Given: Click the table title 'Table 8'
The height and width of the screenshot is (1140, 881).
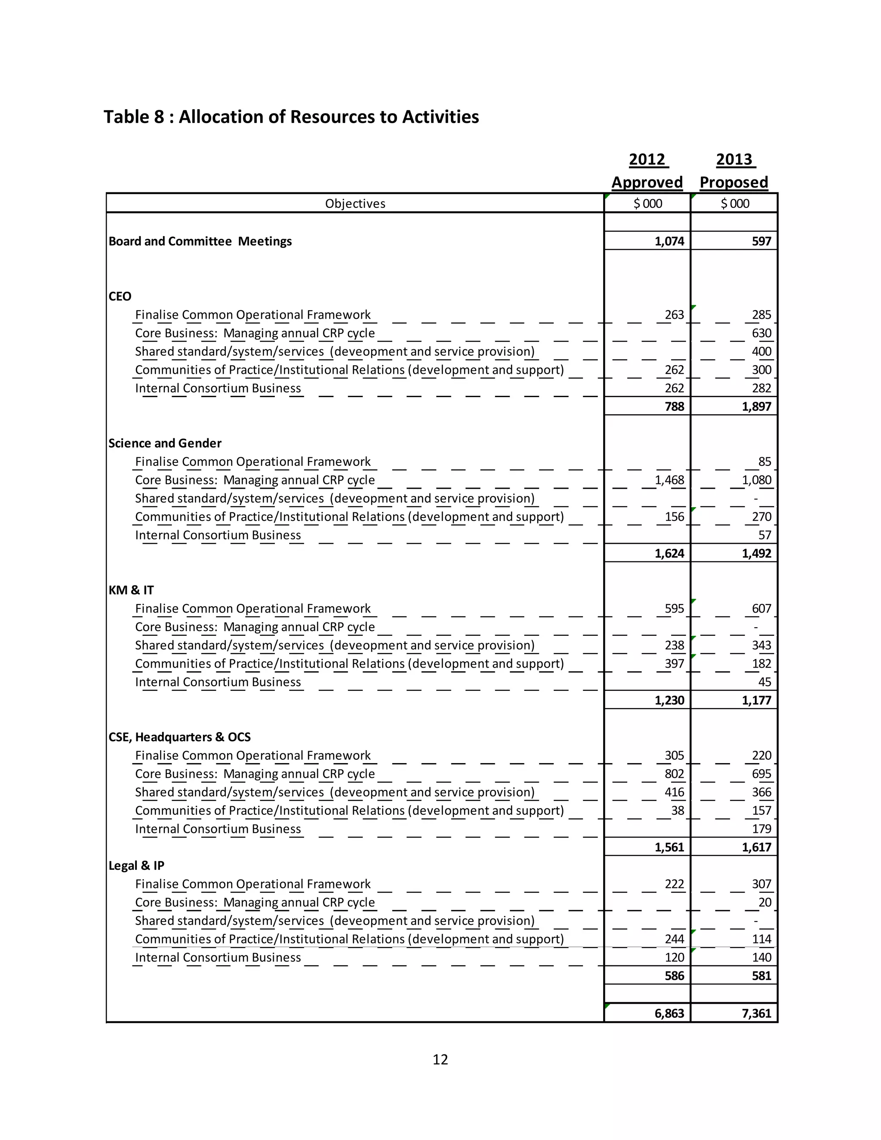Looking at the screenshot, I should tap(291, 117).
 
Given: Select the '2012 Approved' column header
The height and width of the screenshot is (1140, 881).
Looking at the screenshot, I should tap(647, 171).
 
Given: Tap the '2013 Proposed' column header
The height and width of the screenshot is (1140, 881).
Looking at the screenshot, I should tap(734, 171).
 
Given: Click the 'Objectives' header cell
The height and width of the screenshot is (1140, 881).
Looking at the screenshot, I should tap(355, 203).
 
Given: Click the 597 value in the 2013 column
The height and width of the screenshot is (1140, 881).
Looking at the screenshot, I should tap(761, 241).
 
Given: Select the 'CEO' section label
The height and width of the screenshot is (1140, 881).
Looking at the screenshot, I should tap(120, 296).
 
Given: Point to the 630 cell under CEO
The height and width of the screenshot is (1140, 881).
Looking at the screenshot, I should tap(761, 333).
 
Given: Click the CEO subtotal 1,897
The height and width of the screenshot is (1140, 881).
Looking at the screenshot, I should tap(756, 407).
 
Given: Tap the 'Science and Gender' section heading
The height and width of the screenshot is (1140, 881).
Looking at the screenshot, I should tap(165, 443).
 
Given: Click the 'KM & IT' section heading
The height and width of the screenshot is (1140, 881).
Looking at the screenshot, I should tap(131, 590).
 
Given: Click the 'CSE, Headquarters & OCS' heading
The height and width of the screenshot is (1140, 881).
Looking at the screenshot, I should tap(179, 737).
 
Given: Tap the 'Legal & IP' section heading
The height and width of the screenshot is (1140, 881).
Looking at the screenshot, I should tap(136, 866).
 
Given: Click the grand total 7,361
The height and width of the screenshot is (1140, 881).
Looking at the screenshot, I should tap(756, 1013).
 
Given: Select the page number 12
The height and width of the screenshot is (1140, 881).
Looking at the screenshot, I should tap(440, 1059).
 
